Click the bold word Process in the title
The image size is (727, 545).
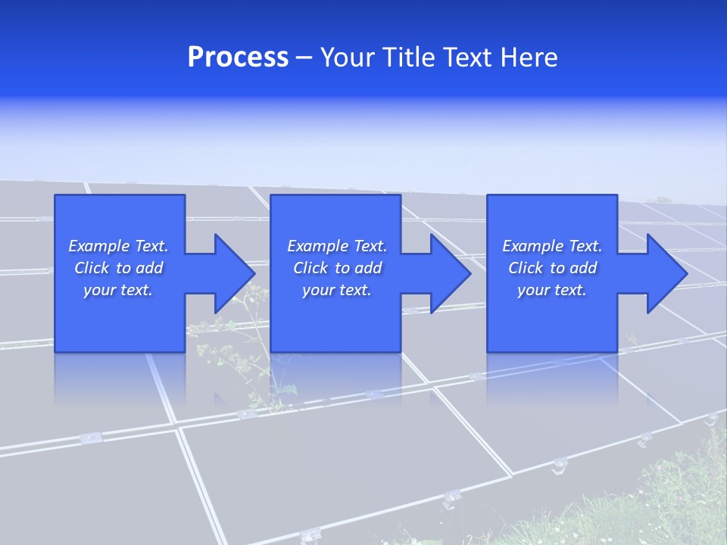[238, 58]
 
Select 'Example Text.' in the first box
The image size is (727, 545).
[118, 246]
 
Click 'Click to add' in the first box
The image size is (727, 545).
[118, 268]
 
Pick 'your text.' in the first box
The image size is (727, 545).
[118, 290]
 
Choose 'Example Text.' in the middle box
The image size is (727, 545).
[337, 246]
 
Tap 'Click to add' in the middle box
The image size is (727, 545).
[337, 268]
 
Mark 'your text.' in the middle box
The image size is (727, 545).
[337, 290]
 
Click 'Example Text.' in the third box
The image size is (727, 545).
[552, 246]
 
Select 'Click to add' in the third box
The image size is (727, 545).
[552, 268]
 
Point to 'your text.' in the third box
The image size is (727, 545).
[552, 290]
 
